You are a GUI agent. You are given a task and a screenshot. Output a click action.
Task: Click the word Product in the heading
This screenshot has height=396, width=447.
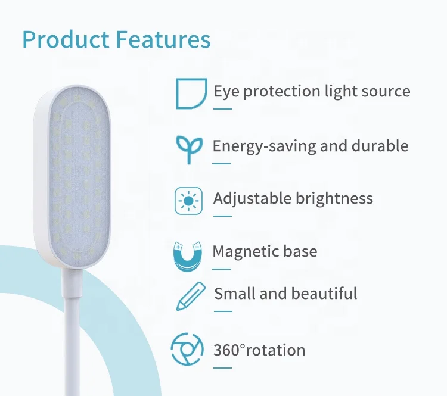click(x=66, y=39)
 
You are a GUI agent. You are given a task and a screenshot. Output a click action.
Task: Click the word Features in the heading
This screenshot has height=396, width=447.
click(x=163, y=39)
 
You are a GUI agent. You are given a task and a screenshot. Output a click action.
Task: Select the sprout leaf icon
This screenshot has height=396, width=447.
click(x=190, y=149)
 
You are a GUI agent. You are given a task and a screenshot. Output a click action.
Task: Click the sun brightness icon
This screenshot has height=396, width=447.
click(x=188, y=201)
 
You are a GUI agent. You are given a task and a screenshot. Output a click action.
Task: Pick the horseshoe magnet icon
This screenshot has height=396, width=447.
click(x=188, y=257)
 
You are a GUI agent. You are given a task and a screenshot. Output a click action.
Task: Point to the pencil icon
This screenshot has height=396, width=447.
click(x=191, y=297)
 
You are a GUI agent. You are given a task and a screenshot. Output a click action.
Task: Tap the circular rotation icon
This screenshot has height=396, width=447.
click(x=187, y=350)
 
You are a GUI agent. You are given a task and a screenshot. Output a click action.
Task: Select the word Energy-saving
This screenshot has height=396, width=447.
click(x=264, y=146)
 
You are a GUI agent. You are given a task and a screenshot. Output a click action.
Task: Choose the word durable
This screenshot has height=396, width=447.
click(x=380, y=146)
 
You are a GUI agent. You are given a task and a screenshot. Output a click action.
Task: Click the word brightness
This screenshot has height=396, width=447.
click(x=334, y=198)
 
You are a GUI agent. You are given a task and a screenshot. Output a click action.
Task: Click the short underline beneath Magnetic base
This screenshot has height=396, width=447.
click(x=221, y=269)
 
